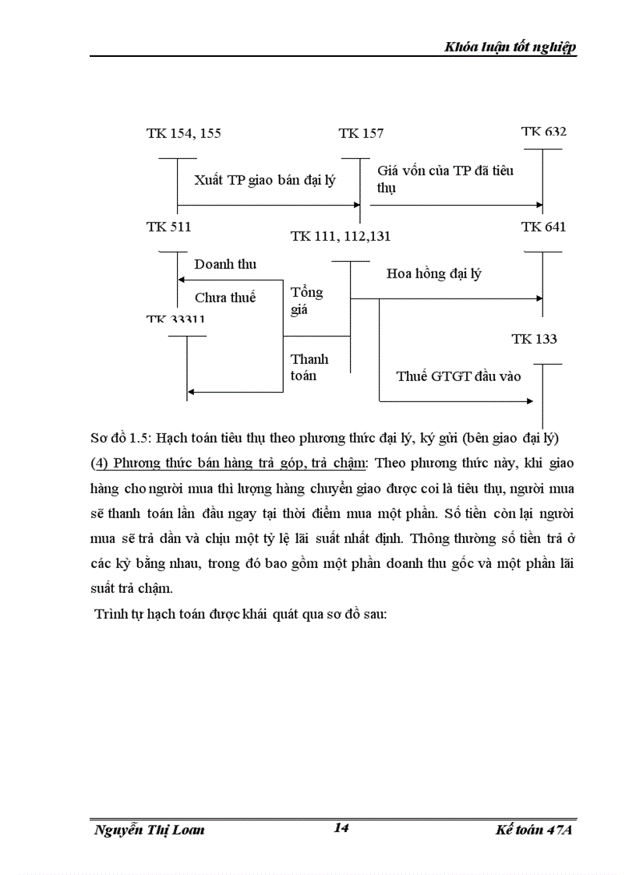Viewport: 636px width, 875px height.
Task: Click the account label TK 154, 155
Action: [x=183, y=133]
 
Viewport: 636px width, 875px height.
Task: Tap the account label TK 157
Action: [x=361, y=133]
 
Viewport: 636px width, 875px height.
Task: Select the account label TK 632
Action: [x=543, y=132]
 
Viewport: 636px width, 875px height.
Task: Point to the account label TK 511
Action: [x=168, y=227]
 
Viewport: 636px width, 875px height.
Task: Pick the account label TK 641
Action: [x=543, y=227]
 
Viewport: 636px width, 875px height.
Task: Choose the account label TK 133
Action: [x=534, y=339]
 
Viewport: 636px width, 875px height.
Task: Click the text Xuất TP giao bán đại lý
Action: [x=265, y=181]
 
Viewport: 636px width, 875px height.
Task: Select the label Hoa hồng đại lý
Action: [x=433, y=273]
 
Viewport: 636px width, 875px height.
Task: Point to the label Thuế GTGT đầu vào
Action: [x=458, y=376]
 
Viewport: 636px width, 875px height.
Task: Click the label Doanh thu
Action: [x=225, y=264]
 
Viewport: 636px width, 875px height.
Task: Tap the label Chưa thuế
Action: [x=225, y=297]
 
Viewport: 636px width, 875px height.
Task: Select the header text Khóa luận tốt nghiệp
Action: [x=510, y=48]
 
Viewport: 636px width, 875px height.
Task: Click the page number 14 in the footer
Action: [x=341, y=827]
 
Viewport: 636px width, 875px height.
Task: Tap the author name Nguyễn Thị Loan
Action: [x=149, y=830]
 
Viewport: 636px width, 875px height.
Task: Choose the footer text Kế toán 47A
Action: [x=534, y=830]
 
